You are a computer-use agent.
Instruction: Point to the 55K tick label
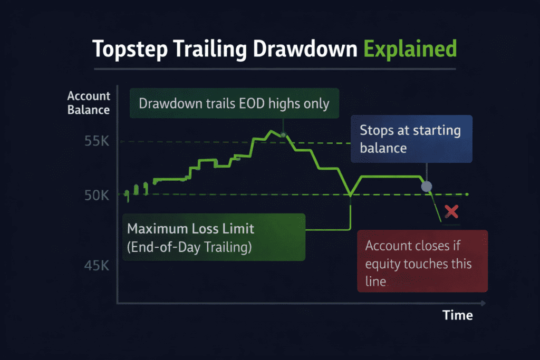pyautogui.click(x=97, y=142)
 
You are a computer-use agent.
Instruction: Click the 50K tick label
pyautogui.click(x=97, y=196)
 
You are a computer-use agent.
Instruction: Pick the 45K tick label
pyautogui.click(x=97, y=266)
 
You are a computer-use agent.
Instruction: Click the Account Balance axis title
pyautogui.click(x=89, y=103)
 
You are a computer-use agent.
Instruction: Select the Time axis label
pyautogui.click(x=457, y=315)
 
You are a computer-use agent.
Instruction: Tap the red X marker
pyautogui.click(x=451, y=212)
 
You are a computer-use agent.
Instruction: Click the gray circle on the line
pyautogui.click(x=427, y=187)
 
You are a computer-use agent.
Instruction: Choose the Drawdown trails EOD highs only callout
pyautogui.click(x=234, y=103)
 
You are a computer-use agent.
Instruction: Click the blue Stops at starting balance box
pyautogui.click(x=411, y=139)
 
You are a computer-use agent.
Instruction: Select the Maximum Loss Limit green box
pyautogui.click(x=214, y=237)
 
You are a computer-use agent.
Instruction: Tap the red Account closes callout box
pyautogui.click(x=422, y=261)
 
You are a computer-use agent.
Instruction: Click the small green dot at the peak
pyautogui.click(x=283, y=135)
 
